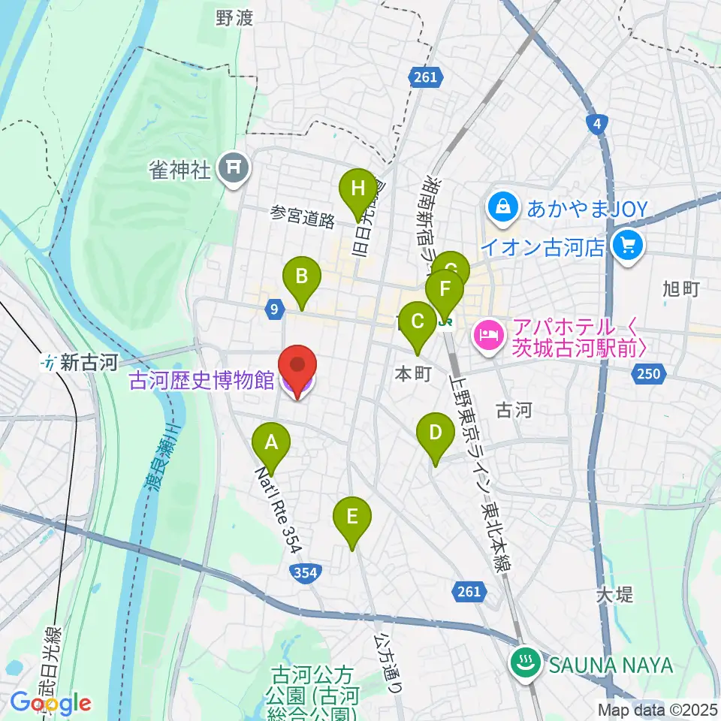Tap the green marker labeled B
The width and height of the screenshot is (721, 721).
click(301, 276)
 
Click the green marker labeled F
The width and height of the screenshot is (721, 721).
click(445, 289)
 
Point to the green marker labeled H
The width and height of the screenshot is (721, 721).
click(357, 189)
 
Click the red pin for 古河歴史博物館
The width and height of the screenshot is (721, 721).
click(298, 367)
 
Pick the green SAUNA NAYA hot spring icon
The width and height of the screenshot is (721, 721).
click(523, 662)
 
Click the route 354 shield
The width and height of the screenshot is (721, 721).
click(305, 573)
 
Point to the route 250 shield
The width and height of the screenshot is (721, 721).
click(650, 373)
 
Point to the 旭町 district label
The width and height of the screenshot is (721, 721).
click(681, 288)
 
